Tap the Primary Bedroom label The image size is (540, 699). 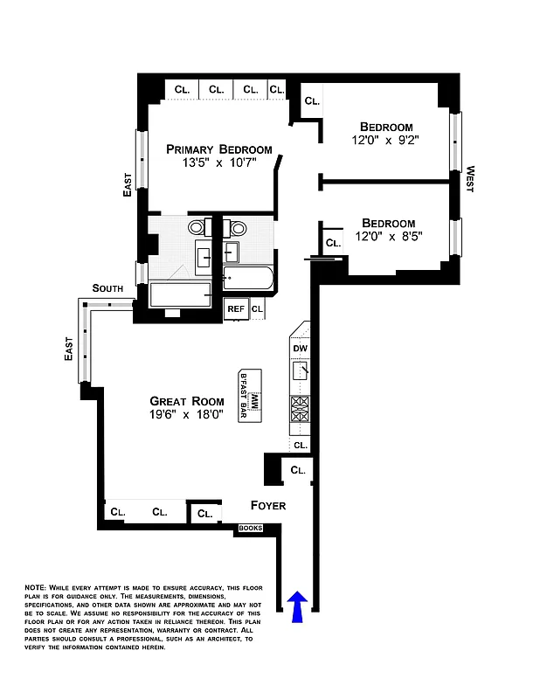[x=219, y=149]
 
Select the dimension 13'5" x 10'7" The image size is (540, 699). [x=218, y=163]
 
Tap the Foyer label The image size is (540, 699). [x=267, y=506]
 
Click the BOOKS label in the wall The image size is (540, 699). [x=251, y=528]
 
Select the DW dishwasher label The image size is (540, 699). [x=301, y=349]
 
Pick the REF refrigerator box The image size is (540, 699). [x=236, y=308]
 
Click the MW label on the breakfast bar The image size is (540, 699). [x=256, y=402]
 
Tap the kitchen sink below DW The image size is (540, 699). [x=301, y=371]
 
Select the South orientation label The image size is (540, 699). [x=107, y=288]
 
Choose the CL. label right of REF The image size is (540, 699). [x=257, y=308]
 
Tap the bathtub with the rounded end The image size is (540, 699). [x=248, y=279]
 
